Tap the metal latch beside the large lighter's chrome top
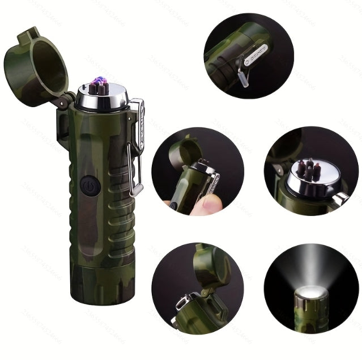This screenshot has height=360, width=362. pos(138,113)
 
